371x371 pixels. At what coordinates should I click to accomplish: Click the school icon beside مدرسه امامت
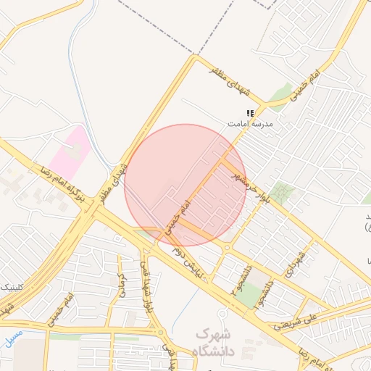tap(250, 113)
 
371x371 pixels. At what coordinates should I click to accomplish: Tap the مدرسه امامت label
tap(250, 125)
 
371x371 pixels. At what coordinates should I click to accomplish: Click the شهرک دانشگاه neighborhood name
tap(216, 343)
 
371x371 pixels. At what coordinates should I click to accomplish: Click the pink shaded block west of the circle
tap(70, 149)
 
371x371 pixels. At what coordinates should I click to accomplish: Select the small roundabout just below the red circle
tap(227, 249)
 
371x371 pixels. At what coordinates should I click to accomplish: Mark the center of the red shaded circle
tap(185, 185)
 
